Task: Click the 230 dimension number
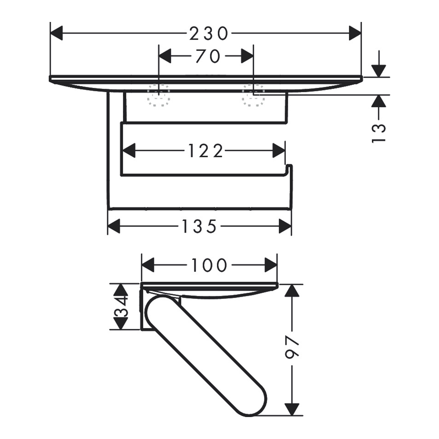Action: point(209,34)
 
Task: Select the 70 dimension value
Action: point(207,56)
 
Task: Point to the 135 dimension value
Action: point(199,226)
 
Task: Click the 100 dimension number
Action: point(209,265)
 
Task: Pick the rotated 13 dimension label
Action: point(379,133)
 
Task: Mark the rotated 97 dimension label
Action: point(292,347)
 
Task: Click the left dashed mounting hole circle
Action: point(159,95)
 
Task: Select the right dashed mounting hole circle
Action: point(253,95)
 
